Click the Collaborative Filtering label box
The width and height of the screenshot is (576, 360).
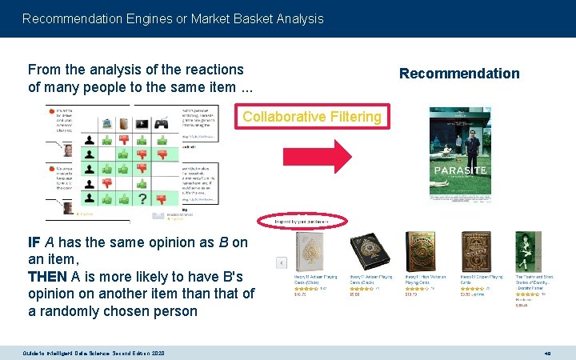click(312, 117)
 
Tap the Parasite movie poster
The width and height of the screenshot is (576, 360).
click(460, 154)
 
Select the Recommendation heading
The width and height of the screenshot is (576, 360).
click(459, 74)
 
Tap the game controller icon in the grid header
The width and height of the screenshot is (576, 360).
click(162, 124)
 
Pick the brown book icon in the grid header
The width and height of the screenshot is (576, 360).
click(122, 124)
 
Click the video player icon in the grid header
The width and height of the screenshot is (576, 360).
click(142, 124)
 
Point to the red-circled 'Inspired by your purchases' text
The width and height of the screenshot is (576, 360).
click(302, 220)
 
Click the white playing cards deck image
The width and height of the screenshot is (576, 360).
click(309, 252)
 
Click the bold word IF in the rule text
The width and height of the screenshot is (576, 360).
click(34, 242)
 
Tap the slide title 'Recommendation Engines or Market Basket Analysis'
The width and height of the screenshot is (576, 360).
click(173, 18)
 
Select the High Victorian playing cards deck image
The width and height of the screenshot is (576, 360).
click(420, 252)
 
